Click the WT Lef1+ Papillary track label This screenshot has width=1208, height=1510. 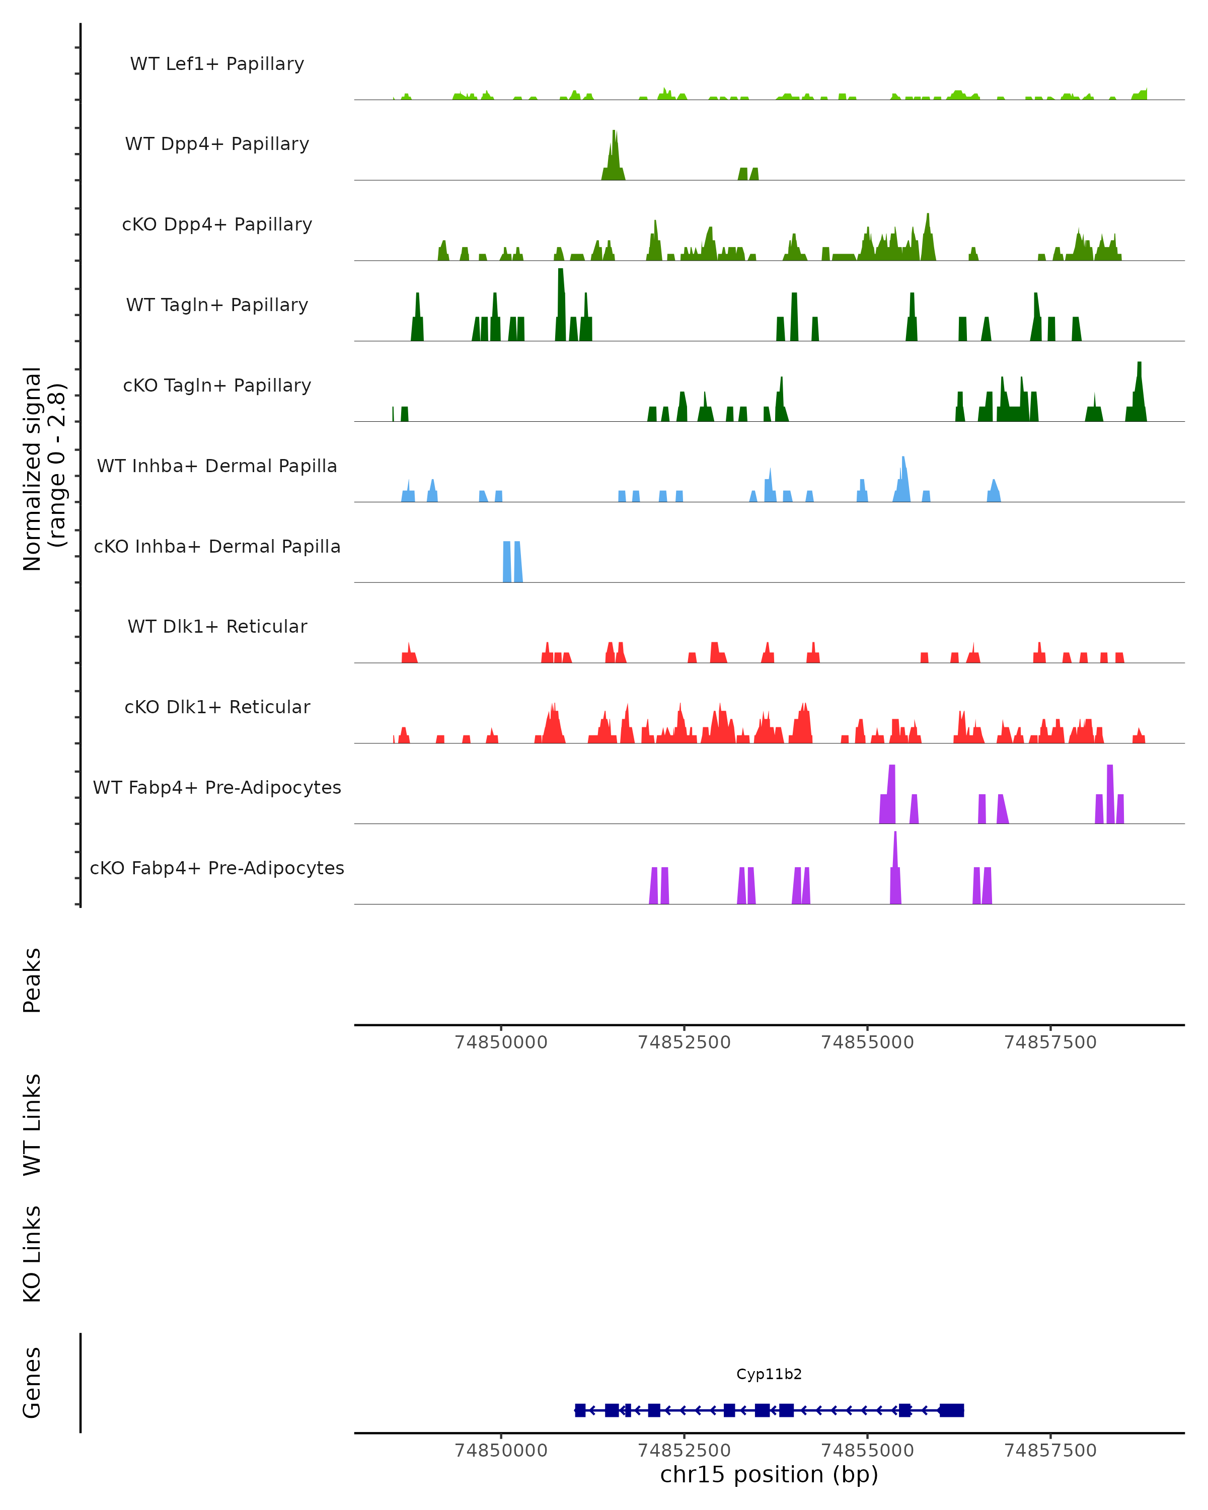pos(217,64)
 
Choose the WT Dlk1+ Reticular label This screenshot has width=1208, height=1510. pos(217,626)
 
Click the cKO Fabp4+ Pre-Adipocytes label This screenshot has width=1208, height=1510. pos(217,868)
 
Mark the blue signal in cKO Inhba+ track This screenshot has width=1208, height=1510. pos(512,562)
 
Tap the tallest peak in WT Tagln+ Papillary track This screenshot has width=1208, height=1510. pos(560,301)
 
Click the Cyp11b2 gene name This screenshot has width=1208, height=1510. pos(769,1374)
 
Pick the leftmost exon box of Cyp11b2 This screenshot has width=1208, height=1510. pos(580,1410)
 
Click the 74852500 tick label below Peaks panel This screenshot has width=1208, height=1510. pos(684,1042)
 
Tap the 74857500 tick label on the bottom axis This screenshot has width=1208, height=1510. pos(1050,1451)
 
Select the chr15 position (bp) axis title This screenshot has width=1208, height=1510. pos(769,1474)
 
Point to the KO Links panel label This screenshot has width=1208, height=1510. pos(32,1254)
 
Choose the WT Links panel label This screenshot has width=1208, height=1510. pos(32,1124)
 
